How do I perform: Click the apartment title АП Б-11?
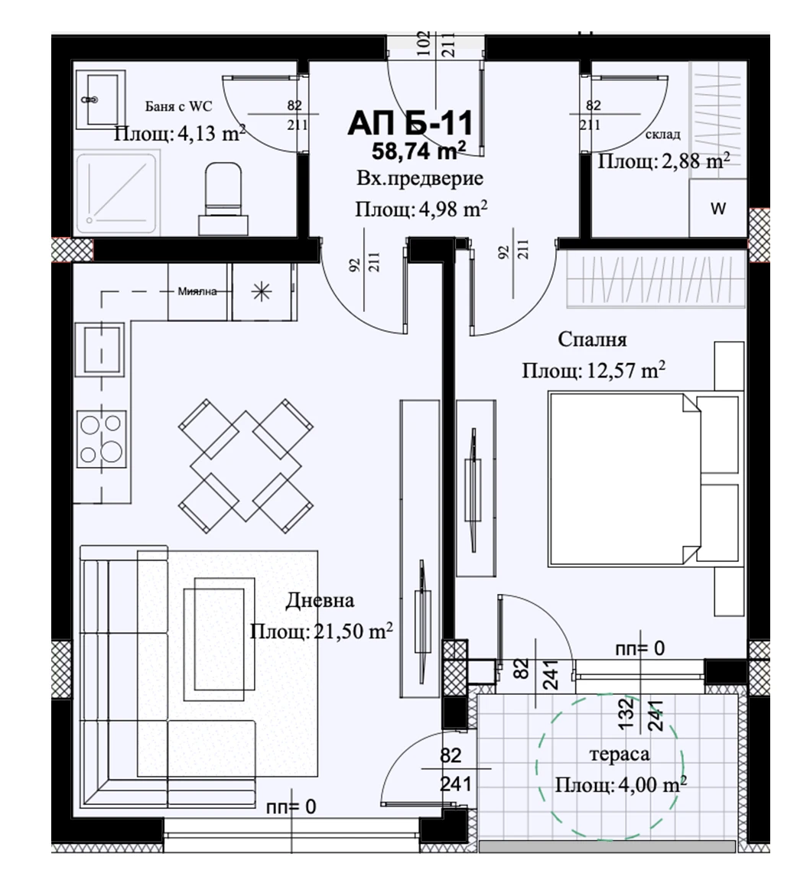410,123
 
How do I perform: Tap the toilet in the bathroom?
223,198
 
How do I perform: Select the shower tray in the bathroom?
116,192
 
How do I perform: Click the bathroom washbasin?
100,99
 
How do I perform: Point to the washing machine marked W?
718,209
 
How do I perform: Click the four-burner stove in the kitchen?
102,437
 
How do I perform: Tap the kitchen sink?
102,349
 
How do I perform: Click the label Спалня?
592,339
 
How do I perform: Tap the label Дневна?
320,600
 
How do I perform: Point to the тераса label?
619,755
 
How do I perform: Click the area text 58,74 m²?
418,151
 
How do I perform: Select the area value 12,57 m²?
623,371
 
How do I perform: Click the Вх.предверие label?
420,179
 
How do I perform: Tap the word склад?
662,134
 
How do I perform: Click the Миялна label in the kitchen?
197,291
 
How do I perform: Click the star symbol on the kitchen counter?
261,292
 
